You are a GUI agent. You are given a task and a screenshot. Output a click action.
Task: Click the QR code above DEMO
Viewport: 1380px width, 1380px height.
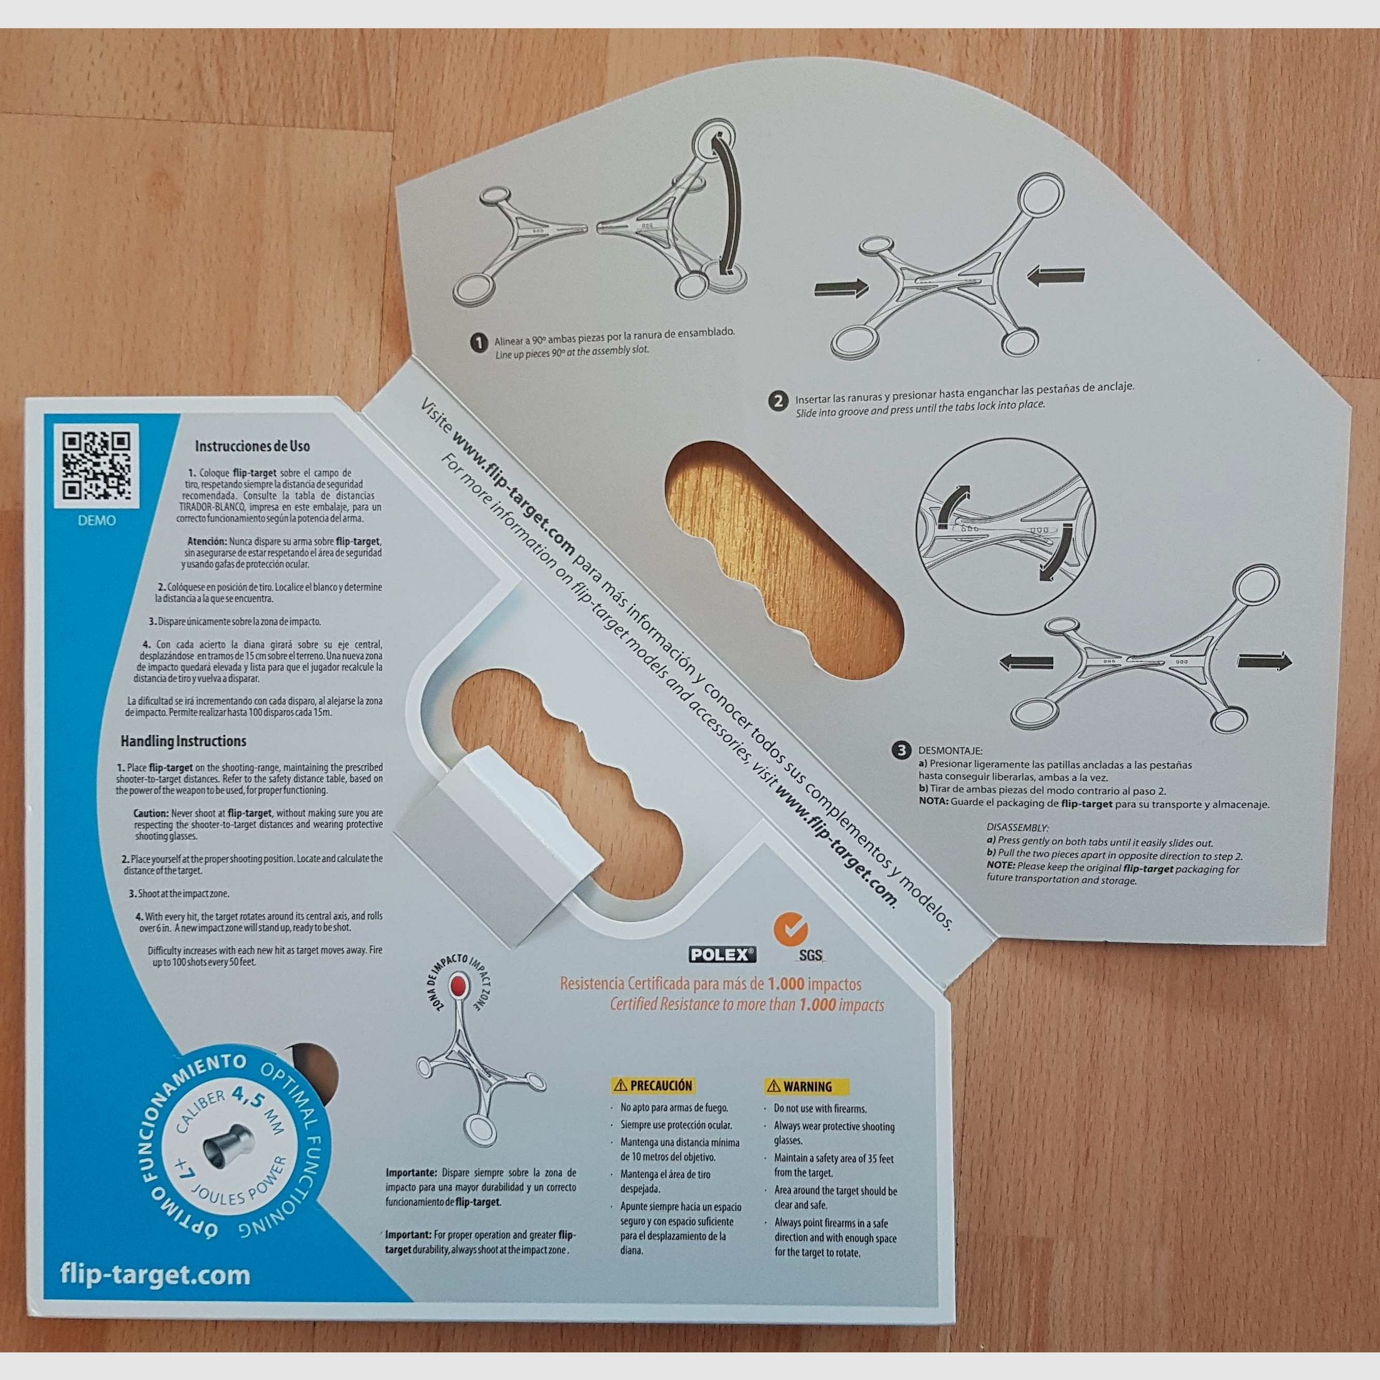pyautogui.click(x=97, y=465)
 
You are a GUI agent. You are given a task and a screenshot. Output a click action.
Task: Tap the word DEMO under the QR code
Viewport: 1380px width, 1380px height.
pyautogui.click(x=97, y=521)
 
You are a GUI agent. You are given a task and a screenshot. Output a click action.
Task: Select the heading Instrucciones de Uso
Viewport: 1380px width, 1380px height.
pyautogui.click(x=252, y=447)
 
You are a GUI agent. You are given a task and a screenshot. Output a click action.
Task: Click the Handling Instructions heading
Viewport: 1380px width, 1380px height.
pyautogui.click(x=183, y=741)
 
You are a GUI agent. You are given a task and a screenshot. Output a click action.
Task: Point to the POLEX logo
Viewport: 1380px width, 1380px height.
pyautogui.click(x=722, y=954)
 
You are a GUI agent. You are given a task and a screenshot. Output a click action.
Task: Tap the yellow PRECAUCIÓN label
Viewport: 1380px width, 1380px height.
pyautogui.click(x=653, y=1086)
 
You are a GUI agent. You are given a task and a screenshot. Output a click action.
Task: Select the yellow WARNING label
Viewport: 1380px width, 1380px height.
pyautogui.click(x=807, y=1086)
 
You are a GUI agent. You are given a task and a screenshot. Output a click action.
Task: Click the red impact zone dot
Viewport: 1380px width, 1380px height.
pyautogui.click(x=458, y=988)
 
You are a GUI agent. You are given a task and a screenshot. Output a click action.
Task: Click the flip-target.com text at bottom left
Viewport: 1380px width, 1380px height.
pyautogui.click(x=155, y=1275)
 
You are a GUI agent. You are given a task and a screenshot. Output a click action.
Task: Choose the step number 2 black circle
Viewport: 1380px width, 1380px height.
pyautogui.click(x=778, y=401)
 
